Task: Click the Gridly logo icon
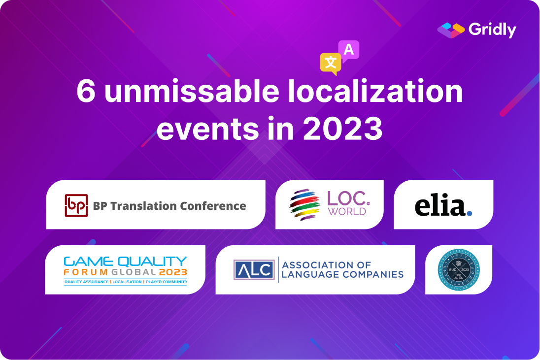click(451, 30)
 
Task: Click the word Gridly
click(492, 30)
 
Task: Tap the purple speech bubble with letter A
click(349, 50)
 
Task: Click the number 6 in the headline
click(86, 92)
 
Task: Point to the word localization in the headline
click(377, 92)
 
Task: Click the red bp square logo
click(76, 205)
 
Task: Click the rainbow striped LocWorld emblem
click(304, 204)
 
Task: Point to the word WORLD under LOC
click(348, 212)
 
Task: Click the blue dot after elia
click(470, 213)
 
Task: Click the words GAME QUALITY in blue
click(125, 261)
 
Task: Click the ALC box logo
click(254, 269)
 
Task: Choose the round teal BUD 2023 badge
click(459, 270)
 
